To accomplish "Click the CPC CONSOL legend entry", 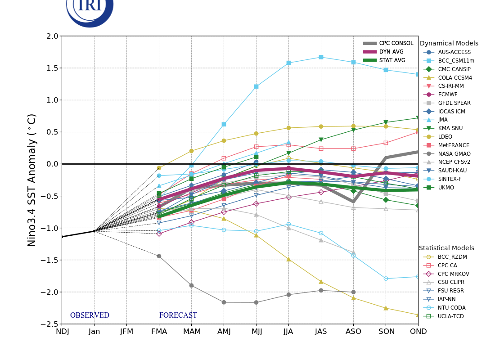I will pos(396,43).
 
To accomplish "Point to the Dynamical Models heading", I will pos(449,44).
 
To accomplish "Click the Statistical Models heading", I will pos(446,248).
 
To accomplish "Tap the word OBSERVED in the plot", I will pos(90,315).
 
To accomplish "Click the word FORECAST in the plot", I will pos(178,315).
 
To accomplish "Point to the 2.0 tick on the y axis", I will pos(53,36).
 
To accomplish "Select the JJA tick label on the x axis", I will pos(288,332).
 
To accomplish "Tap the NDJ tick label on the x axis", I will pos(62,332).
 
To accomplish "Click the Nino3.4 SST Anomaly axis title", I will pos(32,180).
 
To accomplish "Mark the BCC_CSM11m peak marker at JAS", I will pos(321,57).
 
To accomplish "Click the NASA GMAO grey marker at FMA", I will pos(159,256).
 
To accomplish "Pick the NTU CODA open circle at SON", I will pos(386,279).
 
